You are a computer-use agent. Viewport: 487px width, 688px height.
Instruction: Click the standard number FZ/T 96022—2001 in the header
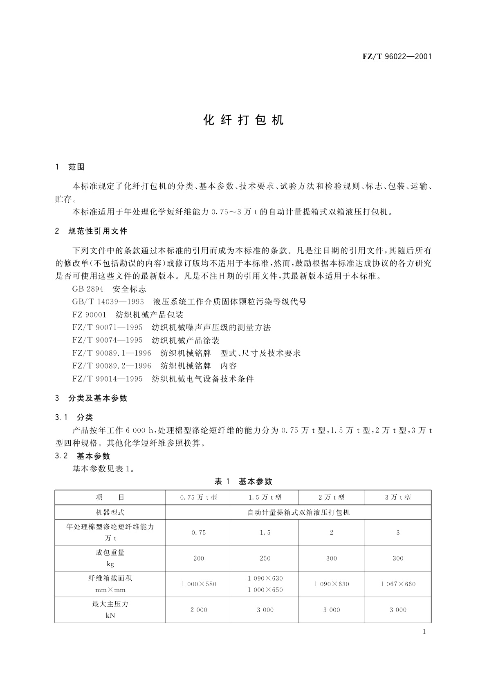click(x=397, y=57)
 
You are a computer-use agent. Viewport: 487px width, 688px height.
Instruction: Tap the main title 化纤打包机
click(x=243, y=120)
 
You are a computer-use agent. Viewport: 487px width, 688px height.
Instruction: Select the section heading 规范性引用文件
click(x=98, y=231)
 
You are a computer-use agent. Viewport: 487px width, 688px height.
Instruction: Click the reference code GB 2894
click(x=87, y=289)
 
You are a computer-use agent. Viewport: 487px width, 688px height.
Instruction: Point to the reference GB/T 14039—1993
click(x=108, y=302)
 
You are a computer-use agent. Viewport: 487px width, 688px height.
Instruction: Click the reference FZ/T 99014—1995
click(x=108, y=379)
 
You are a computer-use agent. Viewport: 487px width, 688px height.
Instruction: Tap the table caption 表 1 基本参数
click(x=243, y=482)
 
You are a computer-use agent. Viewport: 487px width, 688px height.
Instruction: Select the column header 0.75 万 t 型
click(x=199, y=498)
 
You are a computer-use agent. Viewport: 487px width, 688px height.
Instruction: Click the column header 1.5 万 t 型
click(x=265, y=498)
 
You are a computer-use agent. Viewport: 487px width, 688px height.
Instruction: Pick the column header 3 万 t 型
click(x=398, y=498)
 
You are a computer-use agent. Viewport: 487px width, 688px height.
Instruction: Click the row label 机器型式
click(x=110, y=512)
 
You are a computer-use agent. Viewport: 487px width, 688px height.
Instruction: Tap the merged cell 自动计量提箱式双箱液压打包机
click(x=298, y=512)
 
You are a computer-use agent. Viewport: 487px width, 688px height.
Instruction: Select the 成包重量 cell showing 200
click(x=199, y=558)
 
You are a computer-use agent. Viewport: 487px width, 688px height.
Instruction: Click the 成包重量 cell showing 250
click(x=265, y=558)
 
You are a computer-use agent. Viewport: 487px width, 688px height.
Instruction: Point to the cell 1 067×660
click(x=398, y=584)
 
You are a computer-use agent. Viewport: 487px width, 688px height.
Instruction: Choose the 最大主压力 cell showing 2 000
click(x=199, y=610)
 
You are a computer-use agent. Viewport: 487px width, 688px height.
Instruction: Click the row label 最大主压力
click(x=110, y=604)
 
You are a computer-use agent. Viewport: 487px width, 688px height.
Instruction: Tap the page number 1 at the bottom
click(x=424, y=632)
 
